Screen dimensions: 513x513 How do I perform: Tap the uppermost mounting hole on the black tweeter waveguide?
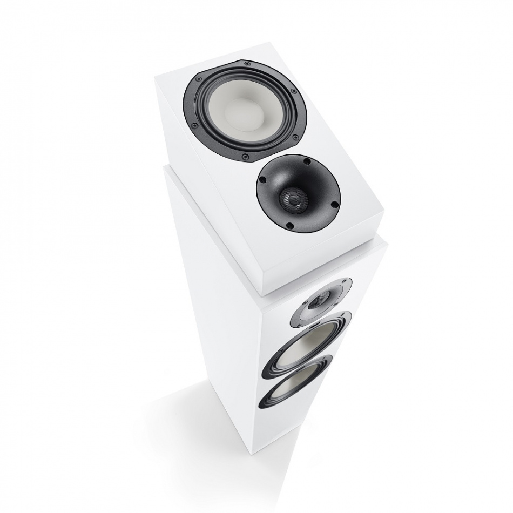[x=306, y=161]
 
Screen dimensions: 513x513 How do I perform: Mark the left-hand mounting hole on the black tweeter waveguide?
[x=260, y=181]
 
